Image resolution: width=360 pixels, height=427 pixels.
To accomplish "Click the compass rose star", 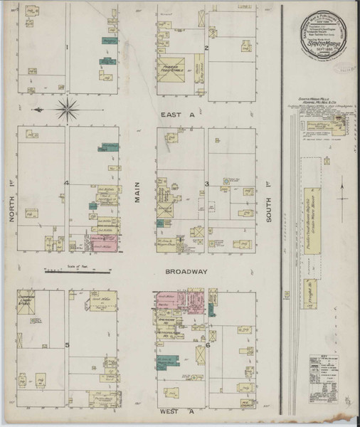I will (69, 110).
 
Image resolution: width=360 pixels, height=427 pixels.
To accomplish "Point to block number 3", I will (206, 184).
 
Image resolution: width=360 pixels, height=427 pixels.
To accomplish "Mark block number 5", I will (67, 344).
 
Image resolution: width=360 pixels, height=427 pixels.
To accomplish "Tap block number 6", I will (207, 344).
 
